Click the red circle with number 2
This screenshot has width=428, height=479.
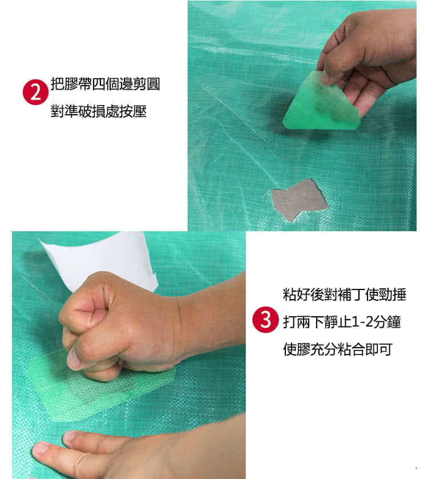pyautogui.click(x=35, y=92)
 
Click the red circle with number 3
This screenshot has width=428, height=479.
pyautogui.click(x=265, y=320)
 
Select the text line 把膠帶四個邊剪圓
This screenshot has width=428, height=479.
pyautogui.click(x=106, y=84)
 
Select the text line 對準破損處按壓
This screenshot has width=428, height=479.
pyautogui.click(x=98, y=111)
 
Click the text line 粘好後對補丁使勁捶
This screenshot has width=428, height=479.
pyautogui.click(x=344, y=295)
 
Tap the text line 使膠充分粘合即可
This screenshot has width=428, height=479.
pyautogui.click(x=338, y=349)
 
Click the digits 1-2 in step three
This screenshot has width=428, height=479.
pyautogui.click(x=363, y=322)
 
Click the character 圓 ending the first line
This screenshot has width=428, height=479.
pyautogui.click(x=154, y=84)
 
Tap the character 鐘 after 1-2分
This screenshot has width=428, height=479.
pyautogui.click(x=394, y=322)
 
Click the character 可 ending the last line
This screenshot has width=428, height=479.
pyautogui.click(x=386, y=349)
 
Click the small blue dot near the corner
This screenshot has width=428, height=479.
pyautogui.click(x=416, y=468)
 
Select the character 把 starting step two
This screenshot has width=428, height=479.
pyautogui.click(x=58, y=84)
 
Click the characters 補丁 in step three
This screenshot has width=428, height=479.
pyautogui.click(x=344, y=295)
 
